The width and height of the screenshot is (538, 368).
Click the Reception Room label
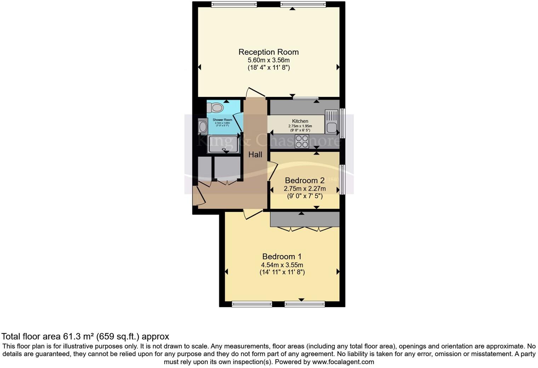pos(268,52)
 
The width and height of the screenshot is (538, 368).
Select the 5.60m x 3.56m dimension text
pos(268,60)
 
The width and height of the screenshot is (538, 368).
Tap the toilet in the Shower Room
pos(215,107)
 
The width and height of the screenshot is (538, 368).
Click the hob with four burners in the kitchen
pos(302,141)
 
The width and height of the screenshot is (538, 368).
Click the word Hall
pos(255,155)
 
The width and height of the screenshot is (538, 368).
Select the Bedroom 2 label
pos(304,180)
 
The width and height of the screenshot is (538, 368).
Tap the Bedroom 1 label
pos(282,257)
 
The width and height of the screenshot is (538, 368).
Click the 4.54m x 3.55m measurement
pos(282,265)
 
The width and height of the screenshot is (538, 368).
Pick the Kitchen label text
pos(300,121)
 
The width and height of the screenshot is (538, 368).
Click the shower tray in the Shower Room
pos(224,144)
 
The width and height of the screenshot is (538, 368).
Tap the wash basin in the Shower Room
pos(203,127)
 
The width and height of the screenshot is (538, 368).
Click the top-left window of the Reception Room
pos(234,4)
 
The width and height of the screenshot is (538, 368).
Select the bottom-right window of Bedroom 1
pos(304,304)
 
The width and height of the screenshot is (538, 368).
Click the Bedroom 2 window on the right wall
pos(342,179)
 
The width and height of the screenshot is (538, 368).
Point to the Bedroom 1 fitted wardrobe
pos(304,219)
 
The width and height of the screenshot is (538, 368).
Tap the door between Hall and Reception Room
pos(256,93)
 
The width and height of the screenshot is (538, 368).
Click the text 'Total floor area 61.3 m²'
pos(48,336)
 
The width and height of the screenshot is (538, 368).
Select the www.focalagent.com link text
pos(343,362)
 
